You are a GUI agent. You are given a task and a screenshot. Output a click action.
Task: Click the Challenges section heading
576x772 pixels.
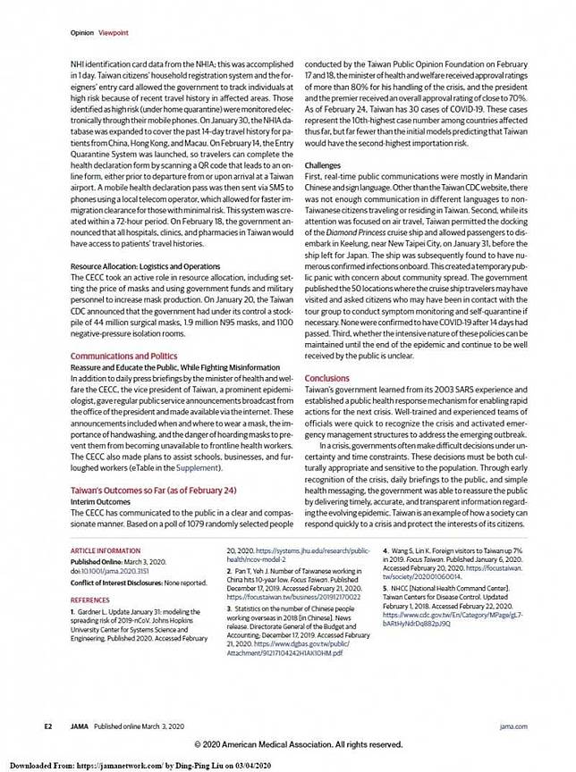[x=324, y=166]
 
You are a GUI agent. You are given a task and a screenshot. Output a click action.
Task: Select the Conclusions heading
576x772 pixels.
[x=327, y=378]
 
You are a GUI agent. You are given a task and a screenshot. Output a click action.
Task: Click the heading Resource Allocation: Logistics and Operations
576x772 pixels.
[x=145, y=266]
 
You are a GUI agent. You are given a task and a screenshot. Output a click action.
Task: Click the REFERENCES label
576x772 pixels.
[x=90, y=600]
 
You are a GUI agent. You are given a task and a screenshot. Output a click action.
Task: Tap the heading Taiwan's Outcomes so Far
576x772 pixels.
[x=154, y=491]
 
